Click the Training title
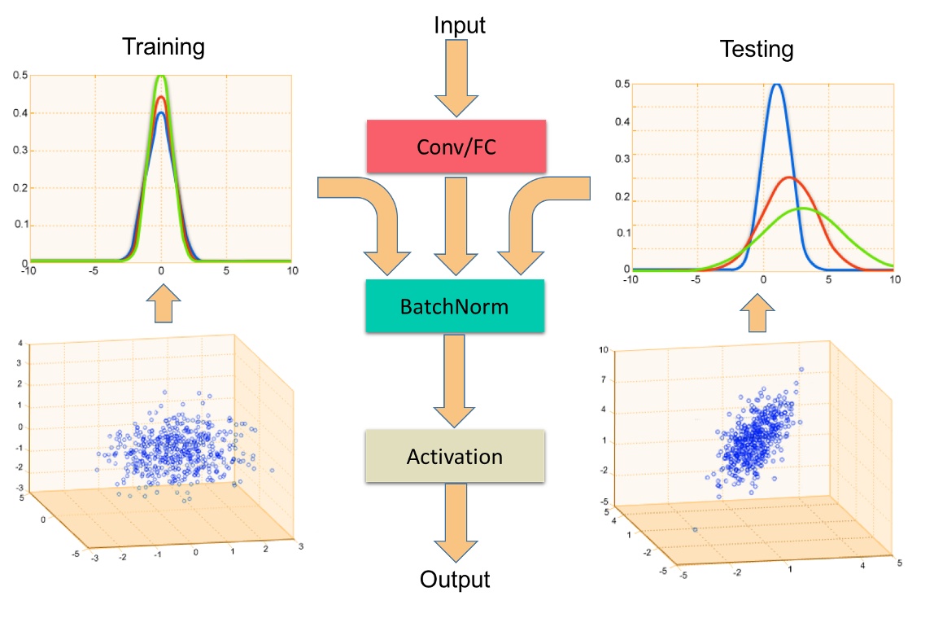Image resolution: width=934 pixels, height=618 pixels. (x=163, y=46)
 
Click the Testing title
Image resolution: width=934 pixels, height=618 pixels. (x=757, y=50)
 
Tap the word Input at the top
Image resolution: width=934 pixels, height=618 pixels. (x=460, y=25)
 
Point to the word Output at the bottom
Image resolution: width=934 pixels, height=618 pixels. (x=455, y=579)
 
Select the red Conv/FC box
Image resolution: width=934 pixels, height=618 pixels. (x=456, y=147)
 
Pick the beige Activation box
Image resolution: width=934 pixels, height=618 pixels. (x=455, y=457)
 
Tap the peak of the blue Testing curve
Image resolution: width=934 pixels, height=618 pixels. (x=777, y=84)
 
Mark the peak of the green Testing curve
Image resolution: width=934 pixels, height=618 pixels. (x=804, y=208)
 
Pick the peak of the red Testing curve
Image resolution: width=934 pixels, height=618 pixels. (x=788, y=178)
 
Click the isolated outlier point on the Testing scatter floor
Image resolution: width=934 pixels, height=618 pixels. (x=695, y=529)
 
